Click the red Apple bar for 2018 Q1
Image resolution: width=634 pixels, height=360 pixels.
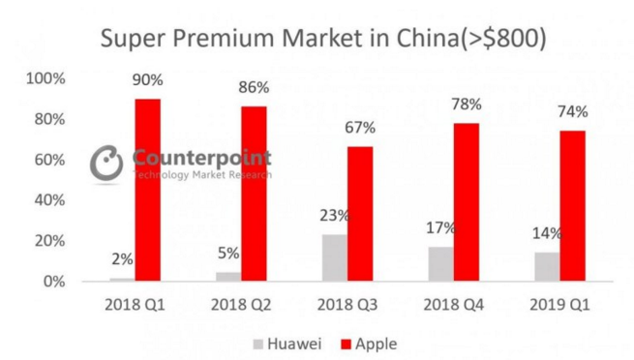click(x=148, y=190)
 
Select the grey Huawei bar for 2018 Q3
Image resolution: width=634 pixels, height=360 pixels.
click(x=334, y=257)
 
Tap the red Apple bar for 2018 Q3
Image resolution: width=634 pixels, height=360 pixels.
click(x=360, y=214)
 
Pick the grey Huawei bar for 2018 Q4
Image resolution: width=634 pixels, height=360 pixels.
click(x=439, y=263)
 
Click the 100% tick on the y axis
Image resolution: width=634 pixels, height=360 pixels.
click(x=46, y=78)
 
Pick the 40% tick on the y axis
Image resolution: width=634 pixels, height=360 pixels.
click(x=48, y=200)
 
